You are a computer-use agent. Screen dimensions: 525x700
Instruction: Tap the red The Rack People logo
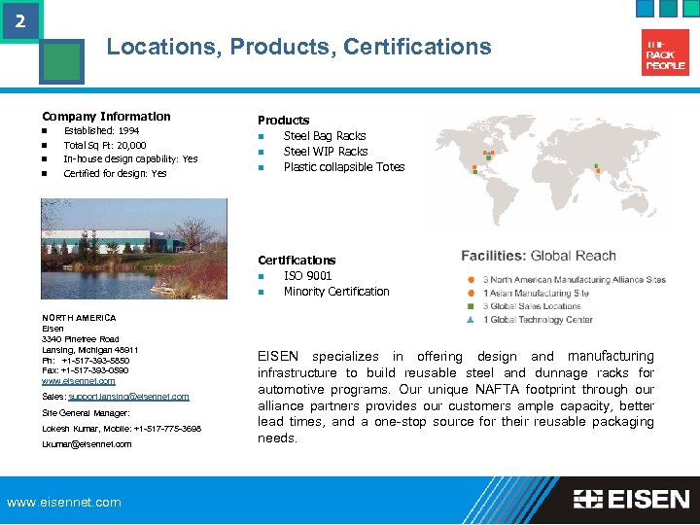(666, 52)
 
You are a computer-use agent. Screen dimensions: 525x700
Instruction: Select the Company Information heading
(106, 117)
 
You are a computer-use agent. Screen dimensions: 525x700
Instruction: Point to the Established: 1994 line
(101, 130)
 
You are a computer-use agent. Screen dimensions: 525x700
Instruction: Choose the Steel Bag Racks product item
(325, 136)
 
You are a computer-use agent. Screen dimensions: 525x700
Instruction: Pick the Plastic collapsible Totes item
(343, 167)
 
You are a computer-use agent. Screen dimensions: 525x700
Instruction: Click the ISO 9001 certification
(307, 276)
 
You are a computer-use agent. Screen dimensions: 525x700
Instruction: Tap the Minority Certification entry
(335, 292)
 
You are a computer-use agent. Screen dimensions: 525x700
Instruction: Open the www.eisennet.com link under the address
(79, 381)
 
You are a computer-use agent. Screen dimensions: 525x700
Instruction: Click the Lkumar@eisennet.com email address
(87, 444)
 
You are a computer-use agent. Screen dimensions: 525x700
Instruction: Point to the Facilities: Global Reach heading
(538, 256)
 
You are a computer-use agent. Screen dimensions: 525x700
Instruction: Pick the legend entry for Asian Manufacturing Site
(536, 293)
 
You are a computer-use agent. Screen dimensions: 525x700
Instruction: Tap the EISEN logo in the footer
(631, 500)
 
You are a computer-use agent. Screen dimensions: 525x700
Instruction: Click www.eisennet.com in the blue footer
(64, 503)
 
